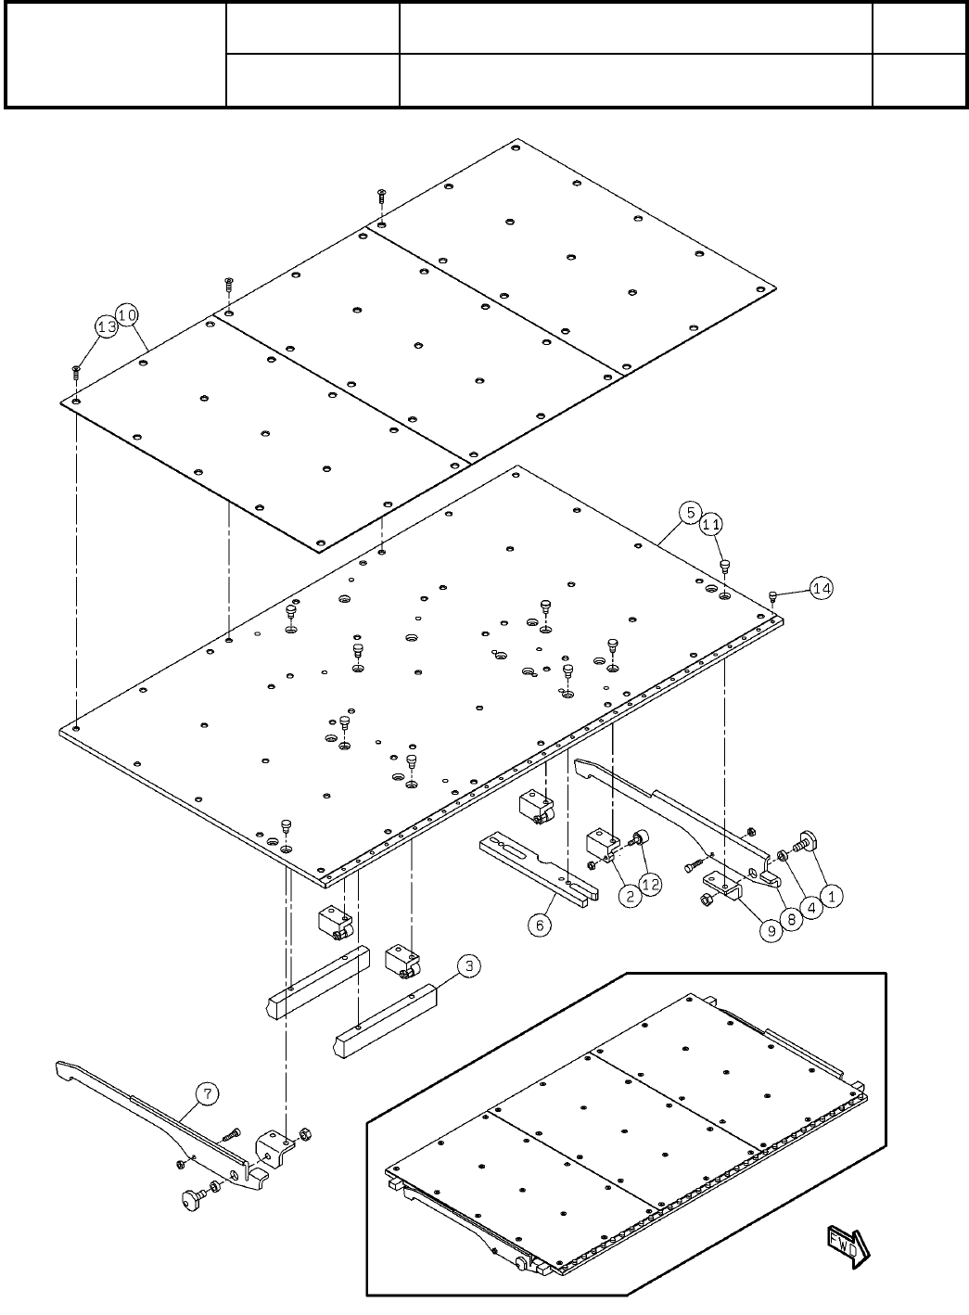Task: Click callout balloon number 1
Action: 832,897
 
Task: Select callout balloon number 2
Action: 631,897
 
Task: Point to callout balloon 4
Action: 811,909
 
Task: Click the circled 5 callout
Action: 689,512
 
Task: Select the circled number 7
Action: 206,1094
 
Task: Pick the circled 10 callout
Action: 128,315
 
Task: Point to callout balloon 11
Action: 711,525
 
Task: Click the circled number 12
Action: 651,885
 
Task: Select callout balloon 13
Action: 107,327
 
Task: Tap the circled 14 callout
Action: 822,587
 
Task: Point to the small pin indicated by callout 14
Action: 773,594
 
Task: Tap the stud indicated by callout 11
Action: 726,565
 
